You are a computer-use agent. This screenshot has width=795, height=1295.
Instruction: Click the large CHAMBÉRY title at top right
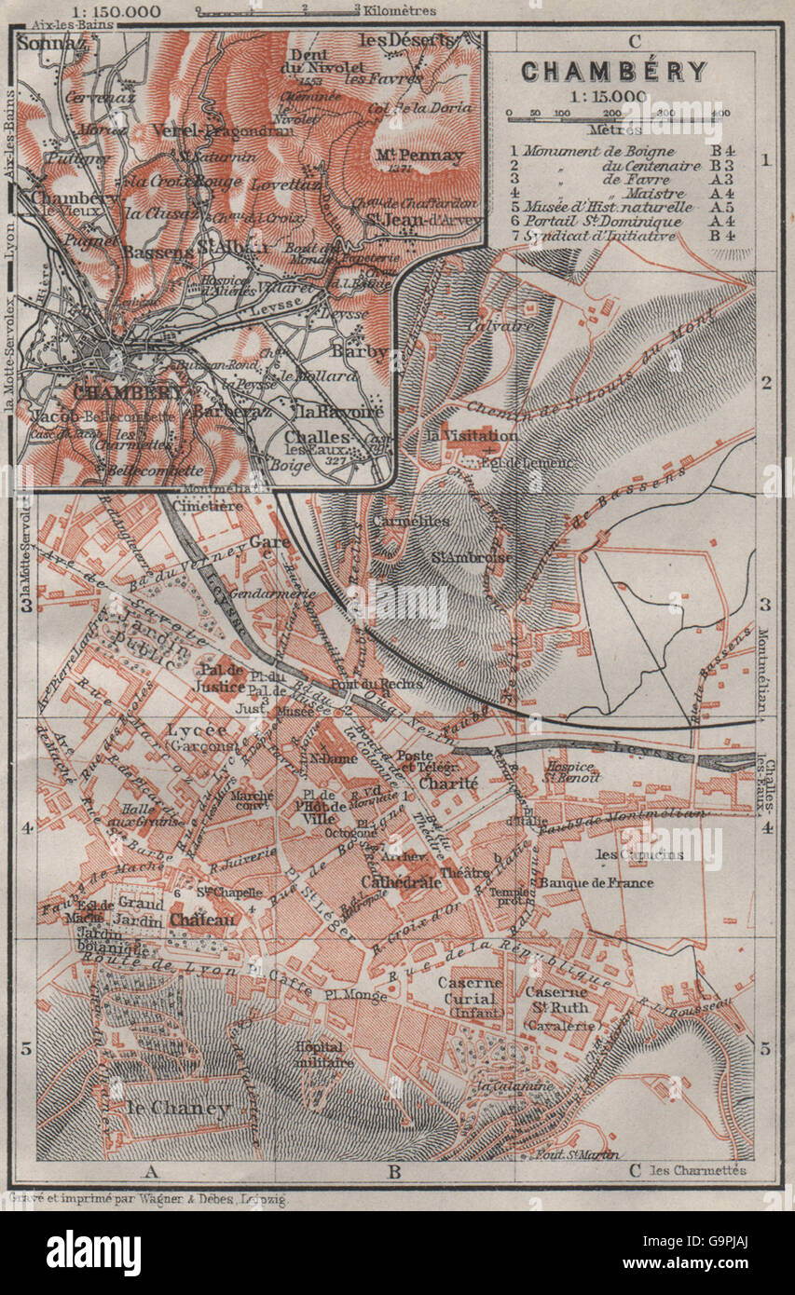tap(613, 71)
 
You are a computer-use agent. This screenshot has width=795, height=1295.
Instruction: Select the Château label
tap(203, 919)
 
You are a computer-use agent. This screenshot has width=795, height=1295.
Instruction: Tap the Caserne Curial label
tap(470, 989)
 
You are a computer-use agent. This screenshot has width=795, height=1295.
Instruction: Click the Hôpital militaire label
tap(323, 1053)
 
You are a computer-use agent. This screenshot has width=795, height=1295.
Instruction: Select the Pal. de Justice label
tap(220, 676)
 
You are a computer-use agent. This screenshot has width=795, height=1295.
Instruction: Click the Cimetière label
tap(214, 505)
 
